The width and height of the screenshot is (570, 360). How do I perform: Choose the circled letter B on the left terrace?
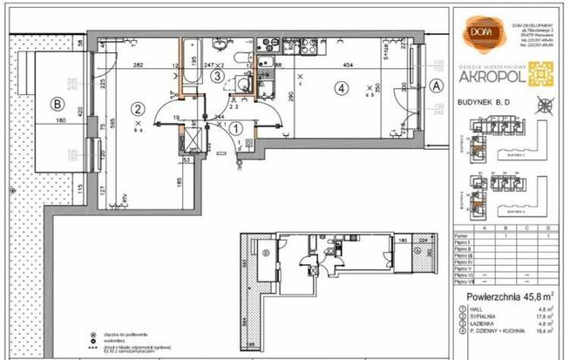[58, 104]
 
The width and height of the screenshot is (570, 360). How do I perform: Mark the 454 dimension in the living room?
[348, 65]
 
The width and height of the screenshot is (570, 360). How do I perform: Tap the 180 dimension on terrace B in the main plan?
[61, 121]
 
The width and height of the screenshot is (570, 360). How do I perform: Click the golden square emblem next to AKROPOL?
[546, 75]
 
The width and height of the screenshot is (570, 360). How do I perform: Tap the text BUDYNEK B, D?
[485, 102]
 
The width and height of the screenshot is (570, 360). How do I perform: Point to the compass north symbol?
[546, 106]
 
